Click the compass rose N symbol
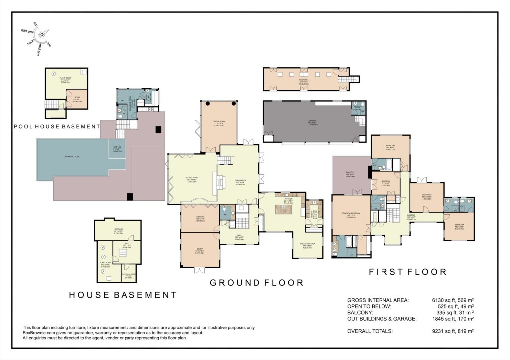[42, 34]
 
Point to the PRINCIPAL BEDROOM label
[351, 215]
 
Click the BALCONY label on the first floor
[350, 175]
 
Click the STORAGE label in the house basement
[118, 230]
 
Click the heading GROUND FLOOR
[256, 283]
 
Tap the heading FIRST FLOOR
[407, 272]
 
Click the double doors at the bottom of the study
[199, 270]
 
